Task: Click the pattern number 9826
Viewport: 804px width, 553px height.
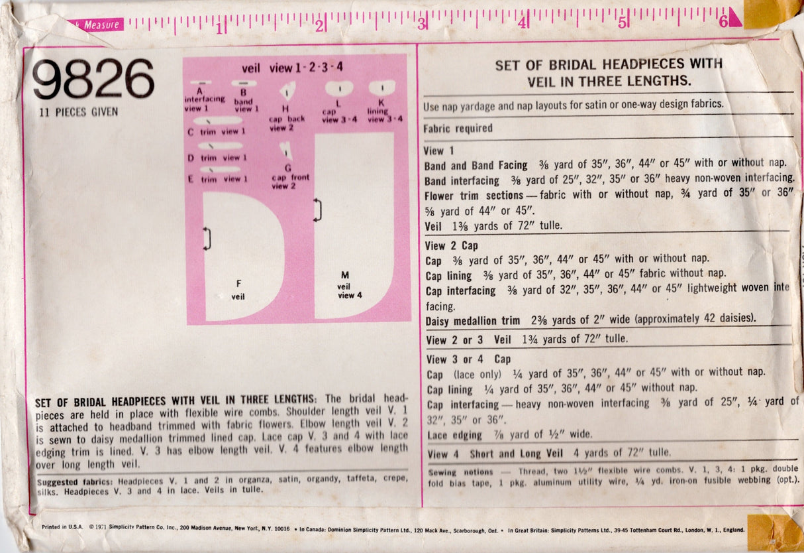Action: point(93,79)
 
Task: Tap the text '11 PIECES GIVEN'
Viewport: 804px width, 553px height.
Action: point(79,111)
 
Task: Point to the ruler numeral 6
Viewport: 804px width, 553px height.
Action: point(723,21)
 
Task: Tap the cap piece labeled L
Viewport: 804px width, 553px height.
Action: point(339,88)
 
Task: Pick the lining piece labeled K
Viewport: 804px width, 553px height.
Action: point(381,88)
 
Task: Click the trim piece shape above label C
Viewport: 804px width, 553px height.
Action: point(218,121)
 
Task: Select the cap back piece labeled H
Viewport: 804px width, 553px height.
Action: point(287,91)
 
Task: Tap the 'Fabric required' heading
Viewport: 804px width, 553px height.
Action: point(458,129)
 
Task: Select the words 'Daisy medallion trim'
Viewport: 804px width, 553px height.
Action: point(472,320)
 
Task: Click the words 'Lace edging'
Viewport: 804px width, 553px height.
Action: point(456,435)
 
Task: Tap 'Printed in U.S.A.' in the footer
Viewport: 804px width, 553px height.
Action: point(62,527)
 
